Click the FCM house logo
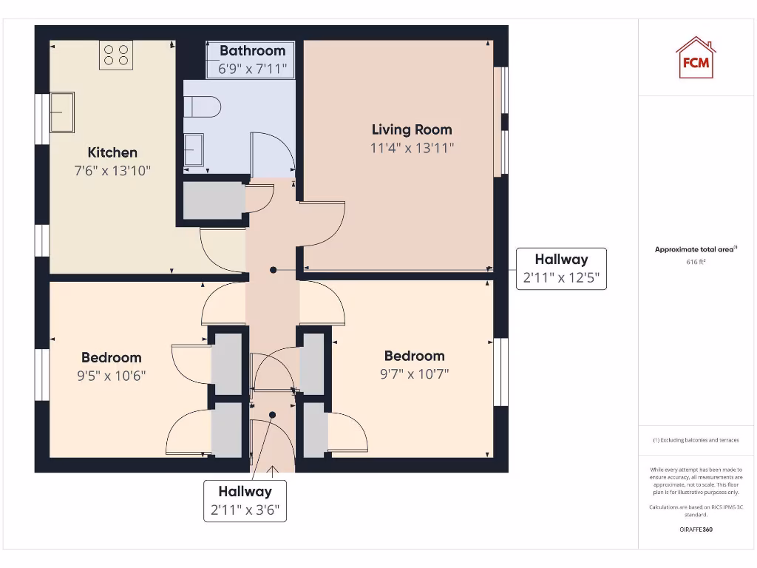(x=695, y=58)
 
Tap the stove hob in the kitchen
(x=116, y=55)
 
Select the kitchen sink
(x=62, y=112)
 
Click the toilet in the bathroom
(x=202, y=107)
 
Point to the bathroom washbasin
(x=194, y=149)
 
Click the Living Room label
(x=412, y=129)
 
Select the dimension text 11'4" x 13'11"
(x=412, y=148)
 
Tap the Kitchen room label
(x=112, y=152)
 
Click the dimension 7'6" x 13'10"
(x=112, y=171)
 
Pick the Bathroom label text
(x=252, y=51)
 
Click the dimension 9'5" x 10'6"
(x=112, y=376)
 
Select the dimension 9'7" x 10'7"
(x=414, y=374)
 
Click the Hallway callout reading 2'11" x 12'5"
(x=561, y=268)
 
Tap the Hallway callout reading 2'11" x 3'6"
(x=245, y=501)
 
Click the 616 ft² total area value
(x=695, y=262)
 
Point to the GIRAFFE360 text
(x=695, y=530)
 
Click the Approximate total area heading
(x=695, y=250)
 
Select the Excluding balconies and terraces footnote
(x=695, y=440)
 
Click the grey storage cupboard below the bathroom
(x=213, y=200)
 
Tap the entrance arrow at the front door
(x=273, y=469)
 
